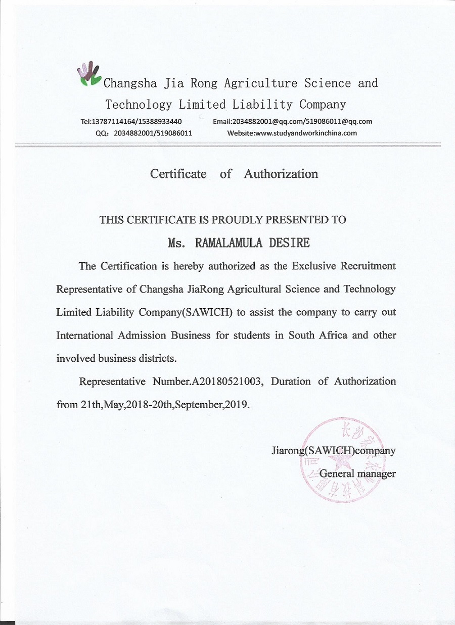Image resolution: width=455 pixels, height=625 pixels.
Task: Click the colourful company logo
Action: (89, 74)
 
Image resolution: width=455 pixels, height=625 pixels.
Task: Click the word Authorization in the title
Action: (281, 174)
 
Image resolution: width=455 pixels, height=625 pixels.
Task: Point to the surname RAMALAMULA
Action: (229, 243)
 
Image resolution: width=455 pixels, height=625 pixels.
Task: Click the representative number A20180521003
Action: (226, 381)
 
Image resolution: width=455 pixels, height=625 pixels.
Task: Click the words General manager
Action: (357, 474)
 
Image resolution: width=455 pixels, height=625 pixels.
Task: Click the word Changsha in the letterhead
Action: (130, 83)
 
